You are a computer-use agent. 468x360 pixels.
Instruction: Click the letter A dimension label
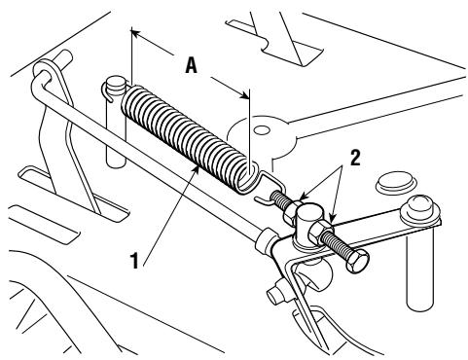tap(192, 65)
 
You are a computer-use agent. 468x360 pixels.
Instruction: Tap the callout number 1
tap(134, 262)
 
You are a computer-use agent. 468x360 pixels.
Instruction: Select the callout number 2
tap(355, 159)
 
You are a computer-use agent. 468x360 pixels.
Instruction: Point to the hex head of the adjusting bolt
tap(358, 262)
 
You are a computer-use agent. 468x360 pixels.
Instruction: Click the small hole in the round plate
tap(262, 130)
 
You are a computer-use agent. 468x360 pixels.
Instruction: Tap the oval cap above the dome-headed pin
tap(395, 182)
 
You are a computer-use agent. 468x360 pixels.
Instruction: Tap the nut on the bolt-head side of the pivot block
tap(318, 231)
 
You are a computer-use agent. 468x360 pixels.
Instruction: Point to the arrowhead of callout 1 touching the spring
tap(196, 169)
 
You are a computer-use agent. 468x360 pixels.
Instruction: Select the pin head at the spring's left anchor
tap(115, 87)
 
